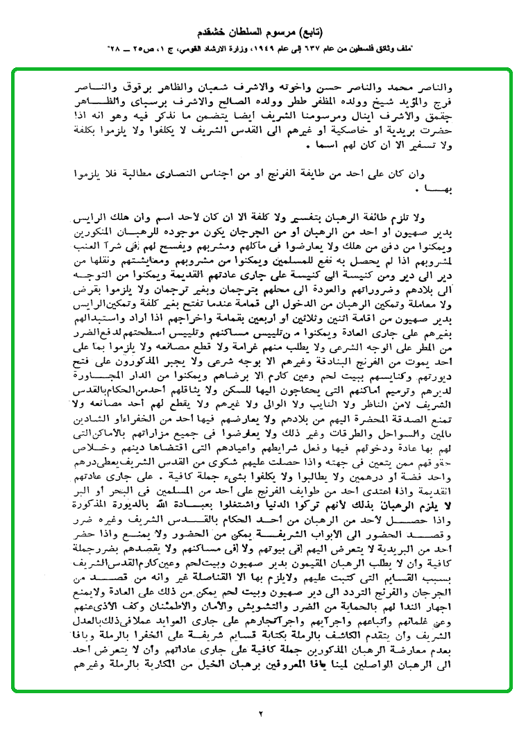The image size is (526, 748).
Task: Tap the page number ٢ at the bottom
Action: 262,713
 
